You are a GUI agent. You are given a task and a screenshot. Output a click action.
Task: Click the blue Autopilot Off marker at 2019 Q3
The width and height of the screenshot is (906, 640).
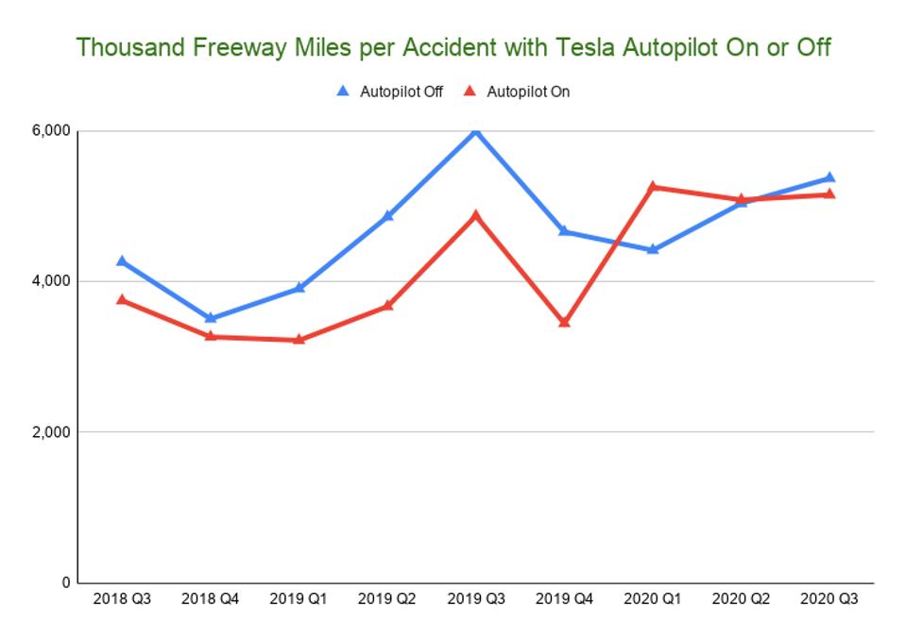pyautogui.click(x=476, y=130)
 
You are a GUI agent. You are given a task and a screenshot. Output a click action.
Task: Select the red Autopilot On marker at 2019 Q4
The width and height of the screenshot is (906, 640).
pyautogui.click(x=564, y=322)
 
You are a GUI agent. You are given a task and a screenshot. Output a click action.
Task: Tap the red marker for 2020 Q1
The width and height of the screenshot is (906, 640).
pyautogui.click(x=653, y=187)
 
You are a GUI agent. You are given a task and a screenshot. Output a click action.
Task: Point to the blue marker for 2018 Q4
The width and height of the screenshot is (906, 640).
pyautogui.click(x=210, y=318)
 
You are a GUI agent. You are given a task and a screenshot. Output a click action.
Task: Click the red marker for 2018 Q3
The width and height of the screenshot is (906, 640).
pyautogui.click(x=122, y=299)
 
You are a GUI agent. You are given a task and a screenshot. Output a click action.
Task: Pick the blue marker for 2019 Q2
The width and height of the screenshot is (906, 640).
pyautogui.click(x=387, y=215)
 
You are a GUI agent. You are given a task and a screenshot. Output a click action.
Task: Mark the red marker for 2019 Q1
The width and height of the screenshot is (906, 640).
pyautogui.click(x=299, y=339)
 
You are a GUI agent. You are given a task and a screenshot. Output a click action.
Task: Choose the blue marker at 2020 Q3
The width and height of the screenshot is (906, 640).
pyautogui.click(x=829, y=177)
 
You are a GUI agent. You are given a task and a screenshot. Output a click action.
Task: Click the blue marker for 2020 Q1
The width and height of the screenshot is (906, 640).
pyautogui.click(x=653, y=249)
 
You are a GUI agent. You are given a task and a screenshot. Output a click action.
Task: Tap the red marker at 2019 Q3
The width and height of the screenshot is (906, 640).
pyautogui.click(x=476, y=214)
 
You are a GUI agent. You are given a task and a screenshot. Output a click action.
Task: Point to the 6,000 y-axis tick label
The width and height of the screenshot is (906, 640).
pyautogui.click(x=51, y=131)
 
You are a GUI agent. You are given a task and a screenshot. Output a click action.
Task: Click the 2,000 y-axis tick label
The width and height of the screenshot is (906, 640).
pyautogui.click(x=51, y=432)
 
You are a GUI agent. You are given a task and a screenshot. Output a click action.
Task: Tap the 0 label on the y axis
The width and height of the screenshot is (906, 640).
pyautogui.click(x=65, y=582)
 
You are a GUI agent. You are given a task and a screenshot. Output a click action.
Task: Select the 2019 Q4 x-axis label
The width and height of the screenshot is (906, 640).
pyautogui.click(x=564, y=599)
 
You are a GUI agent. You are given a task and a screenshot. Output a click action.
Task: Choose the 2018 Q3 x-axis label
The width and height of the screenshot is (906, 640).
pyautogui.click(x=122, y=599)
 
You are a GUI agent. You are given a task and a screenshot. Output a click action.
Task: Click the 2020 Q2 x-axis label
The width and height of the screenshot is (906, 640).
pyautogui.click(x=741, y=599)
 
